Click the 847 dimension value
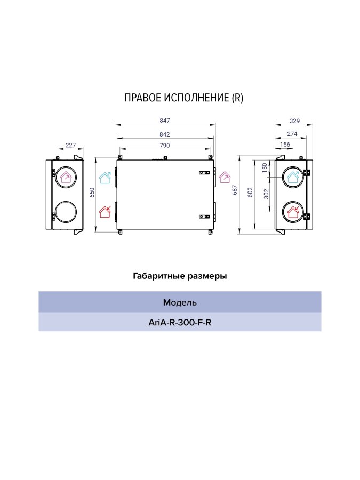tap(165, 121)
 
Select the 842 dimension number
tap(165, 134)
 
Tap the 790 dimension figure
tap(165, 146)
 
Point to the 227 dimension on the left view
tap(71, 145)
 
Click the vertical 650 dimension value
tap(92, 193)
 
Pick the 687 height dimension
tap(235, 190)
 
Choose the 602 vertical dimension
tap(250, 192)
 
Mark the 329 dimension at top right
tap(294, 121)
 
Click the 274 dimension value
tap(292, 134)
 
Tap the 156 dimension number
tap(285, 145)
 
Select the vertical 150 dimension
tap(265, 168)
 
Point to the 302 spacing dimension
tap(266, 194)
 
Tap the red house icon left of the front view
tap(105, 212)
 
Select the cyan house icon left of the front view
tap(105, 178)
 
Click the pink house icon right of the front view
tap(225, 177)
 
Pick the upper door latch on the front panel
tap(204, 173)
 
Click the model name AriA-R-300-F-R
tap(180, 323)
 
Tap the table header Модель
tap(180, 302)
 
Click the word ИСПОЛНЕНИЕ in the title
tap(196, 98)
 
